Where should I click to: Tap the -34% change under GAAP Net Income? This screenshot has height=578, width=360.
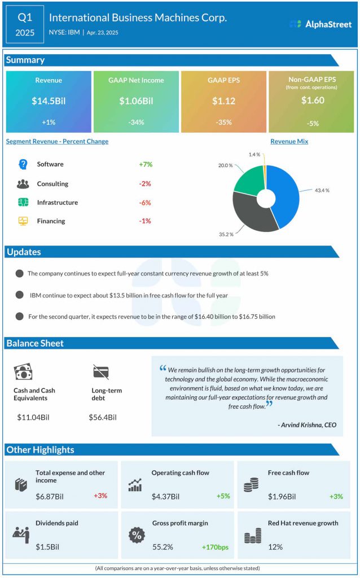point(135,122)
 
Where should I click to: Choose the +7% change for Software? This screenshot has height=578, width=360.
point(146,164)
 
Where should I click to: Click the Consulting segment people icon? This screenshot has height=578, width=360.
point(23,183)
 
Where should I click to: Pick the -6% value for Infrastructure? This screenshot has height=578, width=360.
point(145,203)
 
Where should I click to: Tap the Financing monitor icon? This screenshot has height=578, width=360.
point(23,221)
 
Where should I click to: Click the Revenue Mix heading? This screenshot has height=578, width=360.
point(289,142)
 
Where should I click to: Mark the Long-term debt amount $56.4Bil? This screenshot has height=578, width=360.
point(103,417)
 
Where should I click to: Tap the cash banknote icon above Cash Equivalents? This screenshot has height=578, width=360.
point(23,371)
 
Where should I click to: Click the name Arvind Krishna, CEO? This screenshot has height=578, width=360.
point(308,424)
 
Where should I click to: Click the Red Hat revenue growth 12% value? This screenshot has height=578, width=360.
point(276,547)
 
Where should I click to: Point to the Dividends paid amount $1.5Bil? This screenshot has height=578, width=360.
point(47,547)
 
